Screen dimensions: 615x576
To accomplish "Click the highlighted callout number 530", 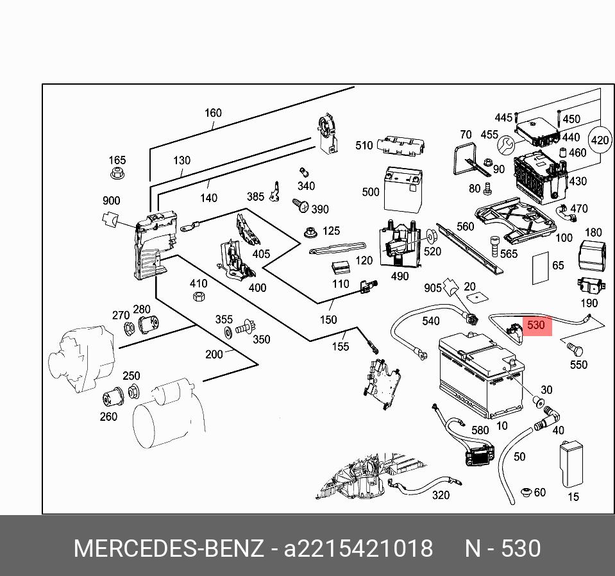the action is [x=535, y=325].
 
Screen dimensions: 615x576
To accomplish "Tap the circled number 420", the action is [x=600, y=140].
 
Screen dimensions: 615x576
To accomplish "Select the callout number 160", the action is [x=213, y=113].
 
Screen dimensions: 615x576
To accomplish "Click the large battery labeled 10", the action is [x=480, y=379].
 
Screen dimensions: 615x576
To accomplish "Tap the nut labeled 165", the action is [x=117, y=173].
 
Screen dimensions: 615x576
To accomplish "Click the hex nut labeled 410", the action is [x=199, y=296].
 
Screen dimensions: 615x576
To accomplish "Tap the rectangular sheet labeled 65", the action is [x=540, y=268].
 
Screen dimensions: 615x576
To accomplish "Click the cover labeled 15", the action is [x=571, y=464].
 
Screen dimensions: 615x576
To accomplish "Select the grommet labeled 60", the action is [x=526, y=493].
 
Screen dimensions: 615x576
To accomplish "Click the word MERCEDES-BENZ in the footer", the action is [x=169, y=549].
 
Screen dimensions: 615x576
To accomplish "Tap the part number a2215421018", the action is [x=358, y=549].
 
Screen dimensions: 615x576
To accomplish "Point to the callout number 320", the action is [x=441, y=495].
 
